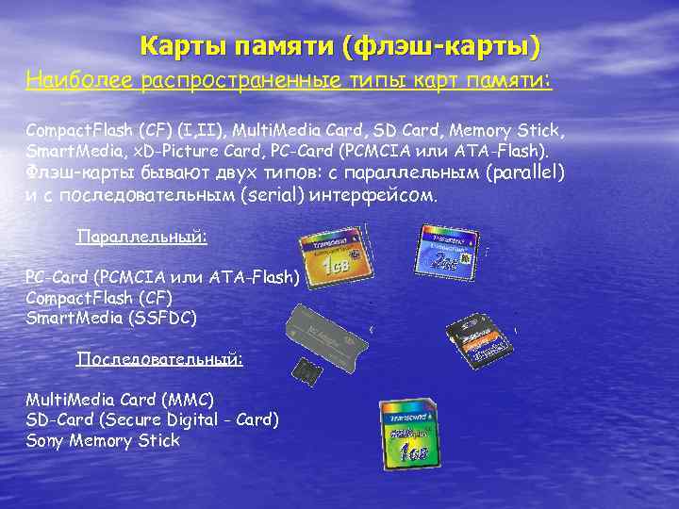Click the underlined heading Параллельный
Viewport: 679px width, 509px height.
click(141, 237)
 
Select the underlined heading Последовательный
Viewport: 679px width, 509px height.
click(159, 359)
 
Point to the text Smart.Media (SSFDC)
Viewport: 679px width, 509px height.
click(111, 318)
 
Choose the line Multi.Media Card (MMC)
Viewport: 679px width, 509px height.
click(120, 399)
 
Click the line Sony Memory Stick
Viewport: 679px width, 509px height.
click(103, 440)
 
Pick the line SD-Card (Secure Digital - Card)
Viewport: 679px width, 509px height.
click(152, 419)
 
